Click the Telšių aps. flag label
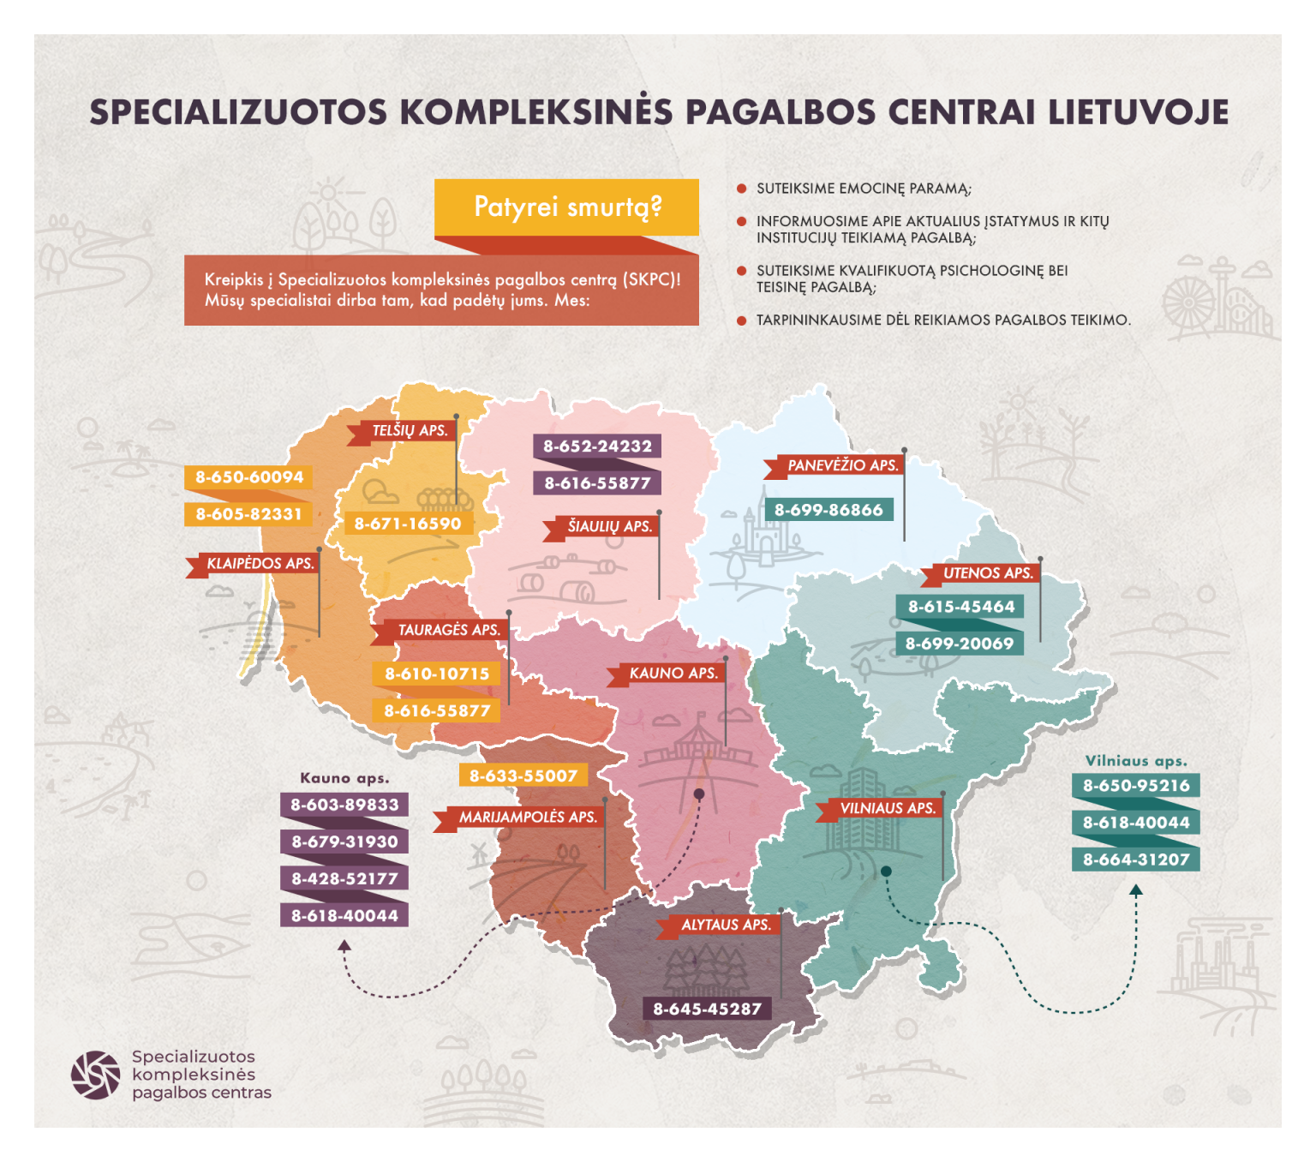click(408, 431)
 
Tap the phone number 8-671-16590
click(408, 524)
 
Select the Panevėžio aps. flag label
click(841, 466)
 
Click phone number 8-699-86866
click(828, 510)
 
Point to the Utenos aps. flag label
click(987, 573)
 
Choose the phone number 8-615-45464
click(960, 607)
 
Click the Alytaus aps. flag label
click(725, 925)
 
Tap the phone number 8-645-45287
click(707, 1009)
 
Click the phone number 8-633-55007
click(523, 776)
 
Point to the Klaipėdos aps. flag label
click(259, 564)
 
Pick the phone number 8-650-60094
click(248, 477)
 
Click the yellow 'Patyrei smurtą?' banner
click(566, 207)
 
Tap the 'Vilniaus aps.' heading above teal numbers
click(1136, 761)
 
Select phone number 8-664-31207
click(1136, 860)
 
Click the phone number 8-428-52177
click(344, 878)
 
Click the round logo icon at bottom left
click(95, 1075)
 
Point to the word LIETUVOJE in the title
click(1139, 112)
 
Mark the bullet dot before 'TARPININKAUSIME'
click(741, 320)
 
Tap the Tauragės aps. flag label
click(447, 631)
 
